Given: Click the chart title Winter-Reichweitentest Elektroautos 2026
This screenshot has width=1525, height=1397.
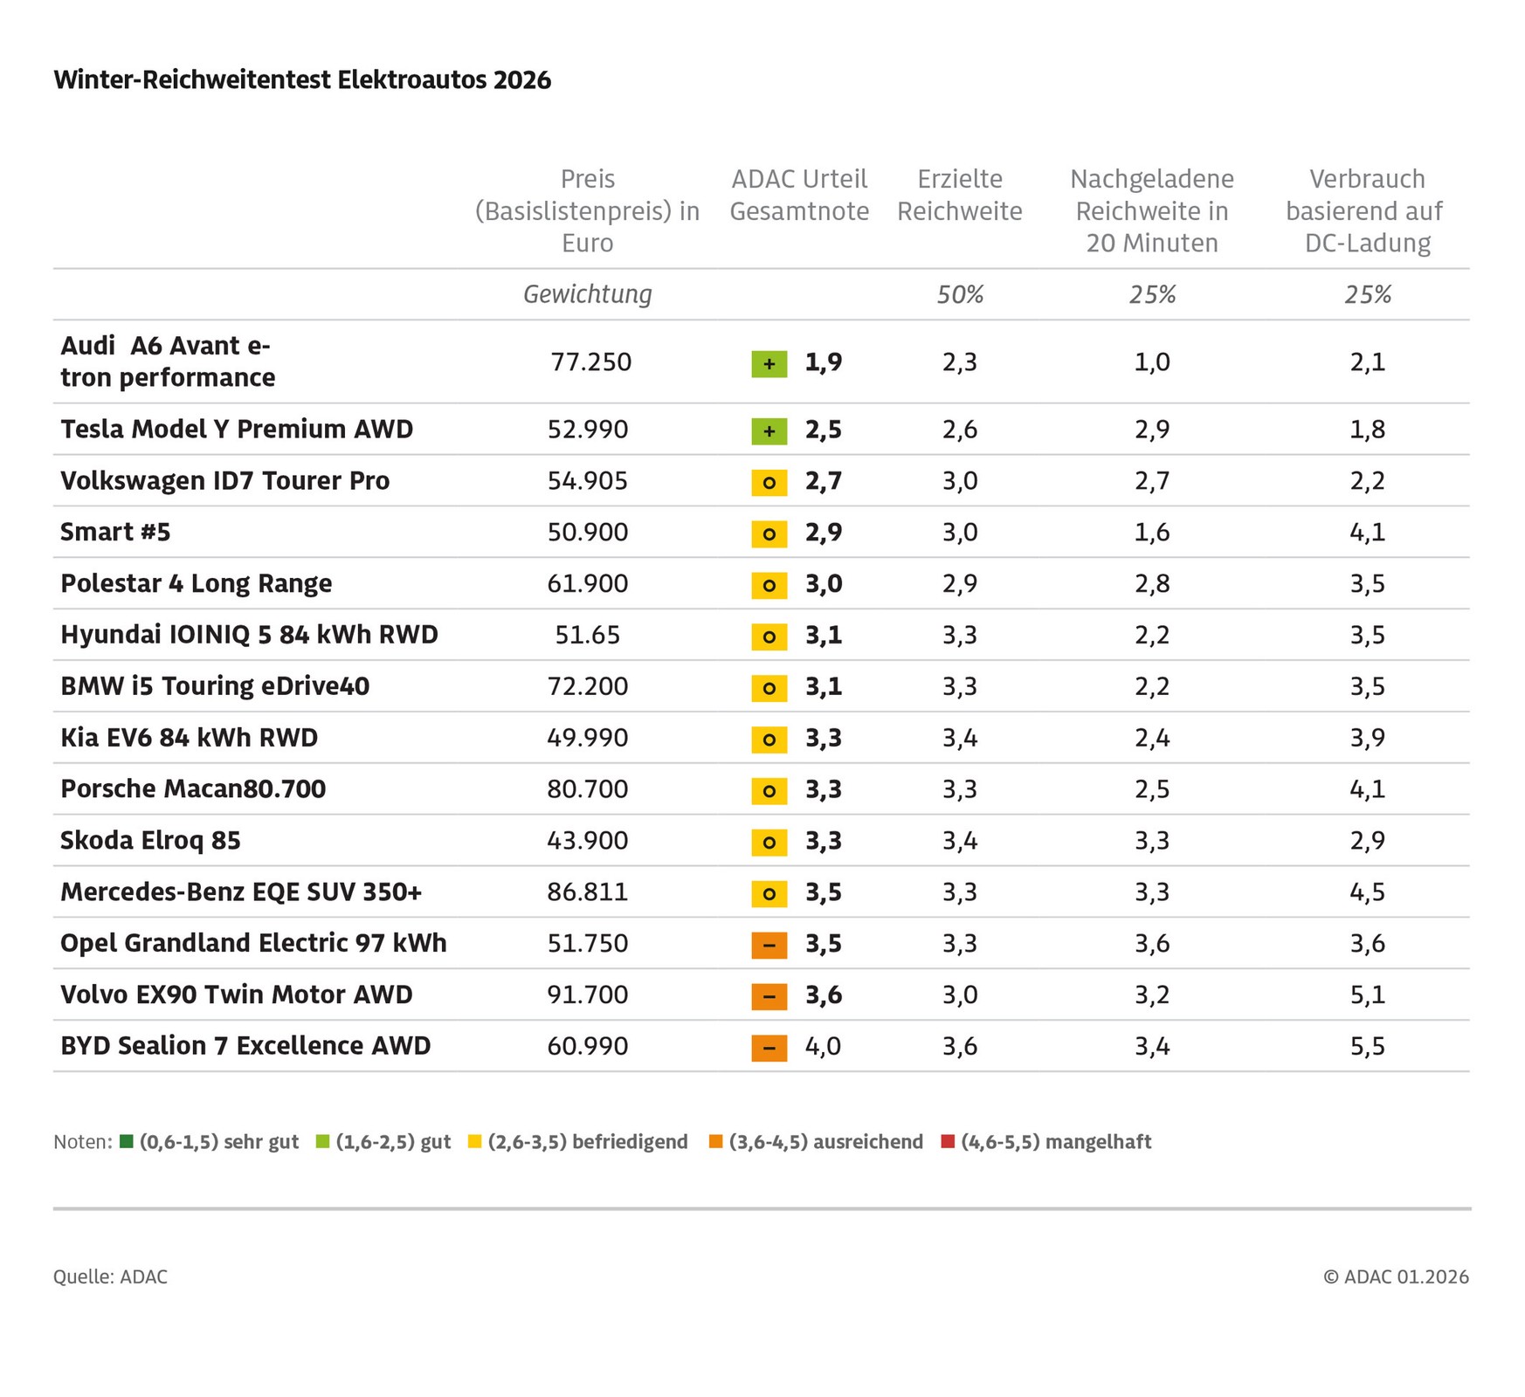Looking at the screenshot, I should tap(302, 80).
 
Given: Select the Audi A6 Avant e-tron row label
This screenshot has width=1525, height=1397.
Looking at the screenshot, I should tap(167, 361).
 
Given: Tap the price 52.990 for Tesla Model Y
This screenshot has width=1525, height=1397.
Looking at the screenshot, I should tap(587, 430).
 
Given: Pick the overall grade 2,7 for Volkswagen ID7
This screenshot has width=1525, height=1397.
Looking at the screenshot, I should tap(823, 481).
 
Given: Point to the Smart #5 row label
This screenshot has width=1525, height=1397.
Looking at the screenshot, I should tap(115, 532).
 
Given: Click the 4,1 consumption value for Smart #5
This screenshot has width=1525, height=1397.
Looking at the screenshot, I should tap(1367, 532).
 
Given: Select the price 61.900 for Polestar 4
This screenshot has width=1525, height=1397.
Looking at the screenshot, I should tap(587, 583).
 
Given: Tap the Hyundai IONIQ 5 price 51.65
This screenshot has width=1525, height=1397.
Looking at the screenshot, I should tap(587, 635).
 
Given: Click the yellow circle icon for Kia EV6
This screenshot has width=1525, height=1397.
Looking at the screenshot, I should tap(769, 740).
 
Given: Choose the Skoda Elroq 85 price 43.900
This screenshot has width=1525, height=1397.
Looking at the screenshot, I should tap(587, 840).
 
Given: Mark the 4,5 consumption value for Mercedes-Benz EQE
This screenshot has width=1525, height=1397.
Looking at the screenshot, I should tap(1367, 891).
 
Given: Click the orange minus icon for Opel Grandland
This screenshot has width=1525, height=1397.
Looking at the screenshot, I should tap(769, 945).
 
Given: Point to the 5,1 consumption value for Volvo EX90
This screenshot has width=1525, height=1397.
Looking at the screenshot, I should tap(1367, 994).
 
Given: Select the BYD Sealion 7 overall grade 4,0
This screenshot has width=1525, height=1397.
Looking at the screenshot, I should tap(823, 1046).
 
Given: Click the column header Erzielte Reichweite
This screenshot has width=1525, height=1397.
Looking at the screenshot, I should tap(959, 195).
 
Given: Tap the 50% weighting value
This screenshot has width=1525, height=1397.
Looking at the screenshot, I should tap(960, 295).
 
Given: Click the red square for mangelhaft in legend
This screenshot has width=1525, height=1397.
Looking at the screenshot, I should tap(948, 1141).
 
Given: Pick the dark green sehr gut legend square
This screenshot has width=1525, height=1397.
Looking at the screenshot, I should tap(127, 1141).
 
